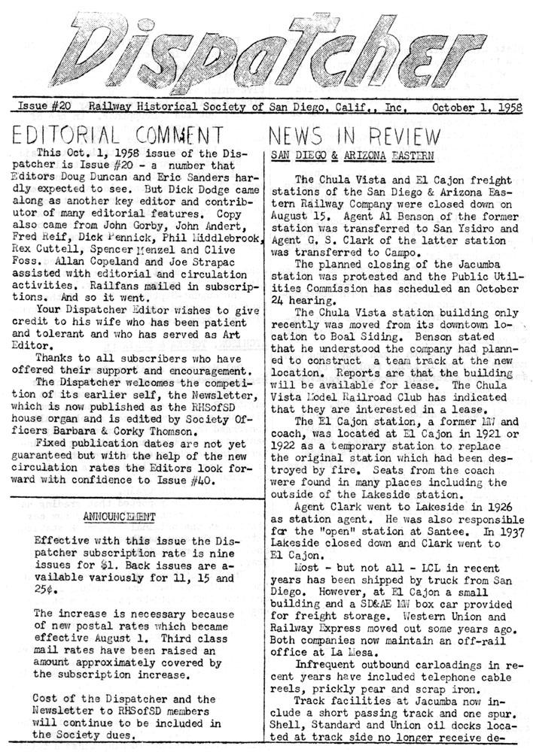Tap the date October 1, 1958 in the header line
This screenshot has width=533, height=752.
tap(477, 108)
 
